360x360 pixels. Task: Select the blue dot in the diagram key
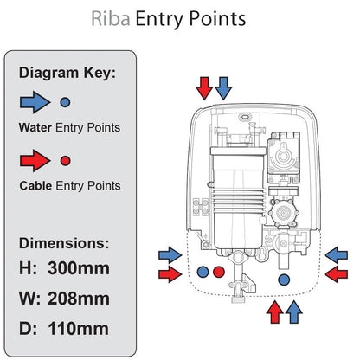(65, 102)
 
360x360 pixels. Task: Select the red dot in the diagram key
(65, 160)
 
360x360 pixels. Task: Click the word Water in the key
(36, 129)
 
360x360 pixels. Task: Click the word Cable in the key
(36, 186)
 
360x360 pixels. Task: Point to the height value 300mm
(79, 268)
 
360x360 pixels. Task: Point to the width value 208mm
(79, 299)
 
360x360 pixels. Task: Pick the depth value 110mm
(79, 329)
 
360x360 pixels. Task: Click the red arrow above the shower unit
(204, 87)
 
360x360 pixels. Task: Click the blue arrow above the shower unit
(223, 87)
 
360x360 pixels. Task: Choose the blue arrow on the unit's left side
(170, 254)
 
